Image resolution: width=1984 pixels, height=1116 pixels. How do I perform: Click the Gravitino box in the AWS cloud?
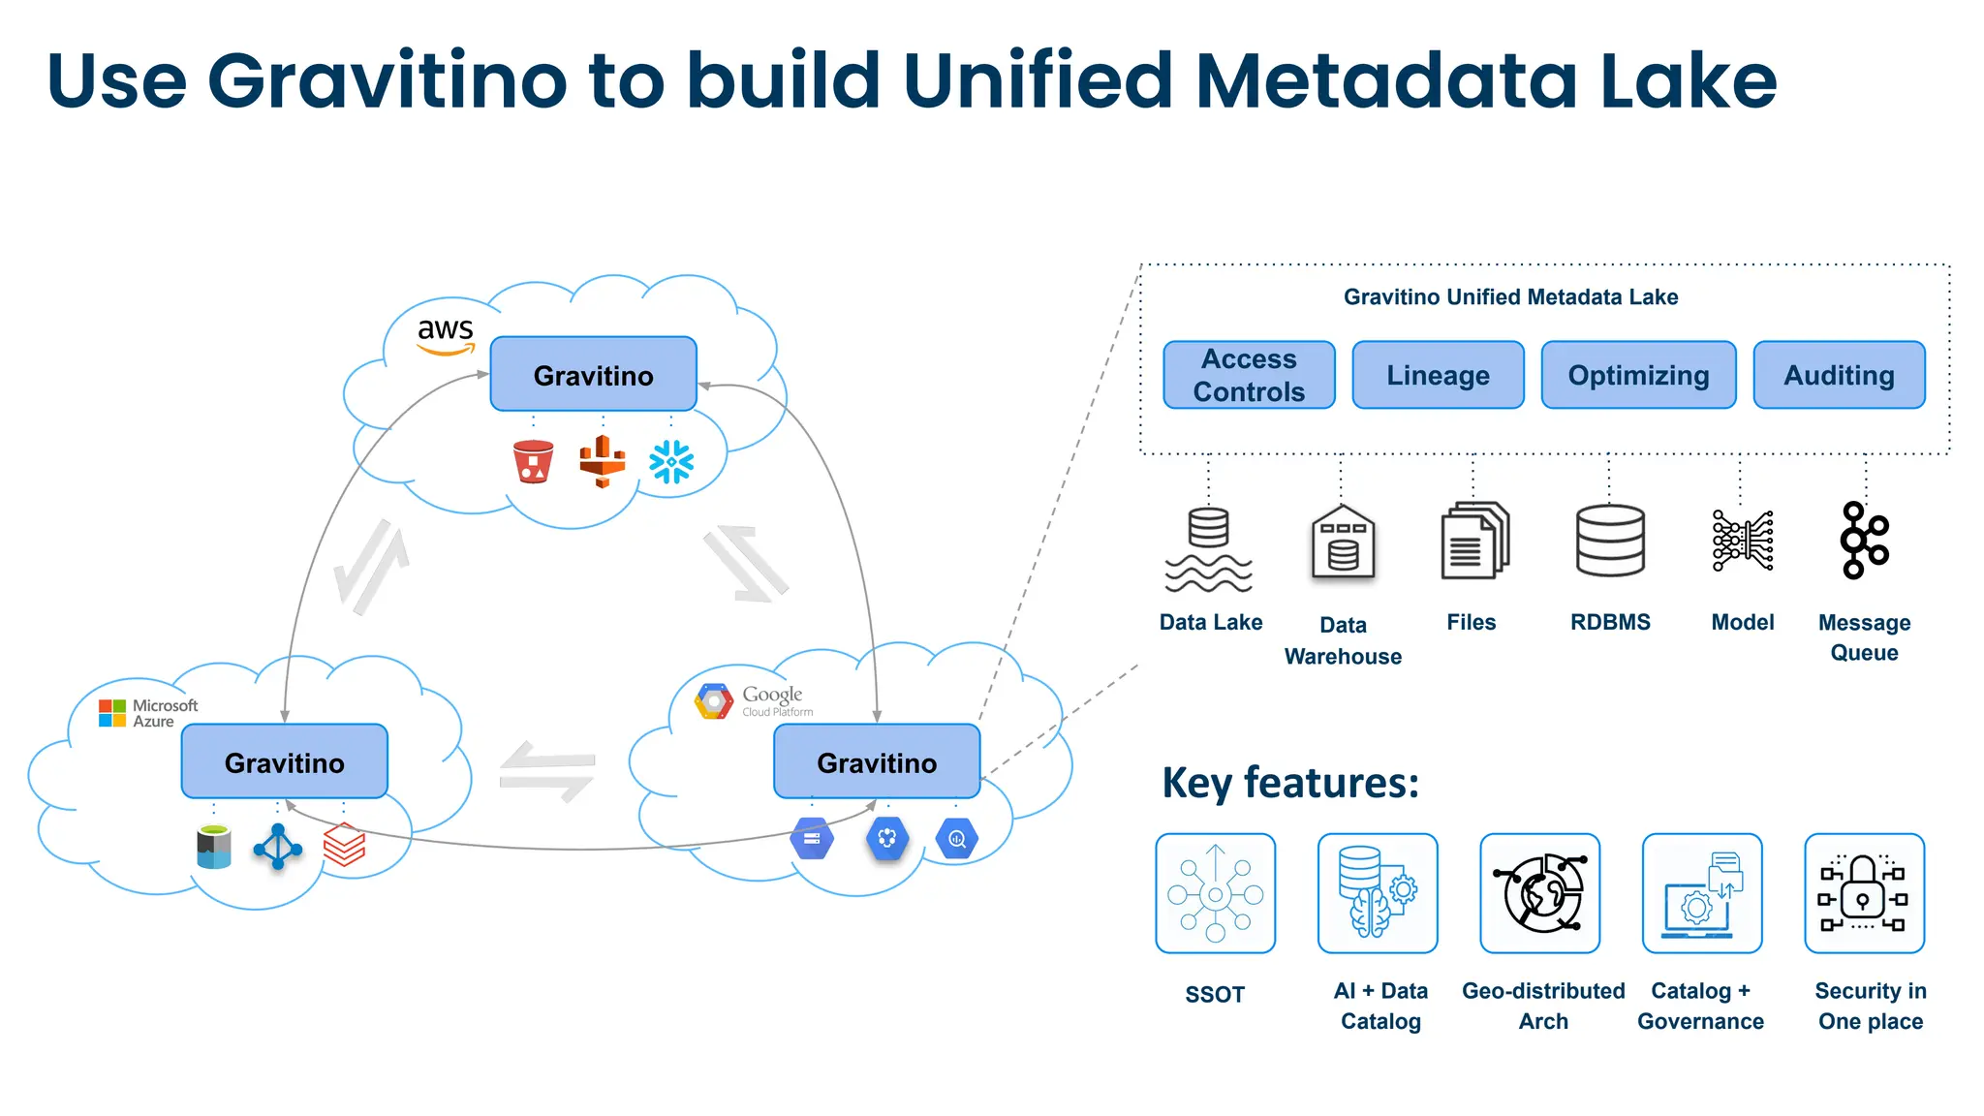pos(593,375)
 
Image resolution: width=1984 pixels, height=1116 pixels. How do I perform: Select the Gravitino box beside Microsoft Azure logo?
pos(284,762)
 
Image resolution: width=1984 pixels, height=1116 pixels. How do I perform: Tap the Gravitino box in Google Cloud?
pos(877,762)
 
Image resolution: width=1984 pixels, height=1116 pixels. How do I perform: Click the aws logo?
pos(446,334)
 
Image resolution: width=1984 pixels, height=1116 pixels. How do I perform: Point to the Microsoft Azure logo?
pos(147,713)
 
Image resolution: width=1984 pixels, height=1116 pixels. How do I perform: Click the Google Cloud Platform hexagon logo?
pos(714,701)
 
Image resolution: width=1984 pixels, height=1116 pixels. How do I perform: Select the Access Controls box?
pos(1249,375)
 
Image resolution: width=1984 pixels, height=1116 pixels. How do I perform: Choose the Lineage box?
pos(1438,375)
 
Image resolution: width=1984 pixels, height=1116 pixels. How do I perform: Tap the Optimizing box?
pos(1638,375)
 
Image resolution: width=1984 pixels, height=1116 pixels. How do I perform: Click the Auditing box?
pos(1839,375)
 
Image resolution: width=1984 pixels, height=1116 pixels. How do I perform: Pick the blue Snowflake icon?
pos(671,462)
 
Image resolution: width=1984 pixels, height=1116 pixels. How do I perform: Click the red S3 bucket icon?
pos(533,461)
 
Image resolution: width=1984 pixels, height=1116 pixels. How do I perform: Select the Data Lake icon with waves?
pos(1208,548)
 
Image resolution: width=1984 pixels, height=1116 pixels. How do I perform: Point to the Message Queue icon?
pos(1864,541)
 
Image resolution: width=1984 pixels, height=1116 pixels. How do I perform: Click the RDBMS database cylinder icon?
pos(1610,541)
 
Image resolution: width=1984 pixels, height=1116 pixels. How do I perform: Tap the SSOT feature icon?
pos(1215,893)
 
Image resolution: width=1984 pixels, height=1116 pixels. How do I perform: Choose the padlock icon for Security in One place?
pos(1864,893)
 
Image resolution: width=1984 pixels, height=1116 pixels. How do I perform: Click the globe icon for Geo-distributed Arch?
pos(1540,893)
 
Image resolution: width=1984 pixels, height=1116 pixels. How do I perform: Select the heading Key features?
pos(1289,783)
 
